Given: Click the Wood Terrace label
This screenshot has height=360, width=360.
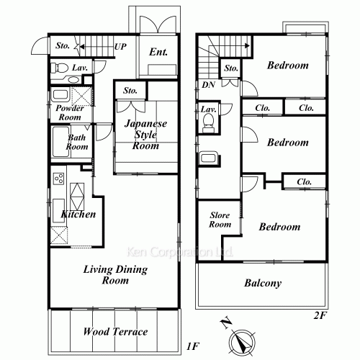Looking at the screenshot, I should (114, 332).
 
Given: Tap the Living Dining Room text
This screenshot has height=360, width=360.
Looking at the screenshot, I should (114, 275).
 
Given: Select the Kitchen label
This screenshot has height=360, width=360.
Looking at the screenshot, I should (79, 215).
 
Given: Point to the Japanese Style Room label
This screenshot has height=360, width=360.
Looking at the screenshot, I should (145, 134).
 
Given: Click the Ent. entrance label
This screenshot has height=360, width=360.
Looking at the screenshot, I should (158, 52).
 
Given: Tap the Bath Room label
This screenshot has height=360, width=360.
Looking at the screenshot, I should (77, 141).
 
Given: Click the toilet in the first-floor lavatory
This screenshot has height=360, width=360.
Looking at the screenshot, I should (62, 68).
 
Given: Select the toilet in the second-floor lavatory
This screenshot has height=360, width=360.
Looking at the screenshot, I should (209, 125).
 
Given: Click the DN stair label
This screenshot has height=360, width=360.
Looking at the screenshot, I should (209, 85).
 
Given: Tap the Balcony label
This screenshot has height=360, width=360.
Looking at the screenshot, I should (261, 283).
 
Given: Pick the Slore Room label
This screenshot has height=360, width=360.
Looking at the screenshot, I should (220, 220).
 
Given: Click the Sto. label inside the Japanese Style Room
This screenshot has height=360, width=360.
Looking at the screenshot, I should (130, 91).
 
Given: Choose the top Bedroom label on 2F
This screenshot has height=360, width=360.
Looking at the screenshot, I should (287, 66).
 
